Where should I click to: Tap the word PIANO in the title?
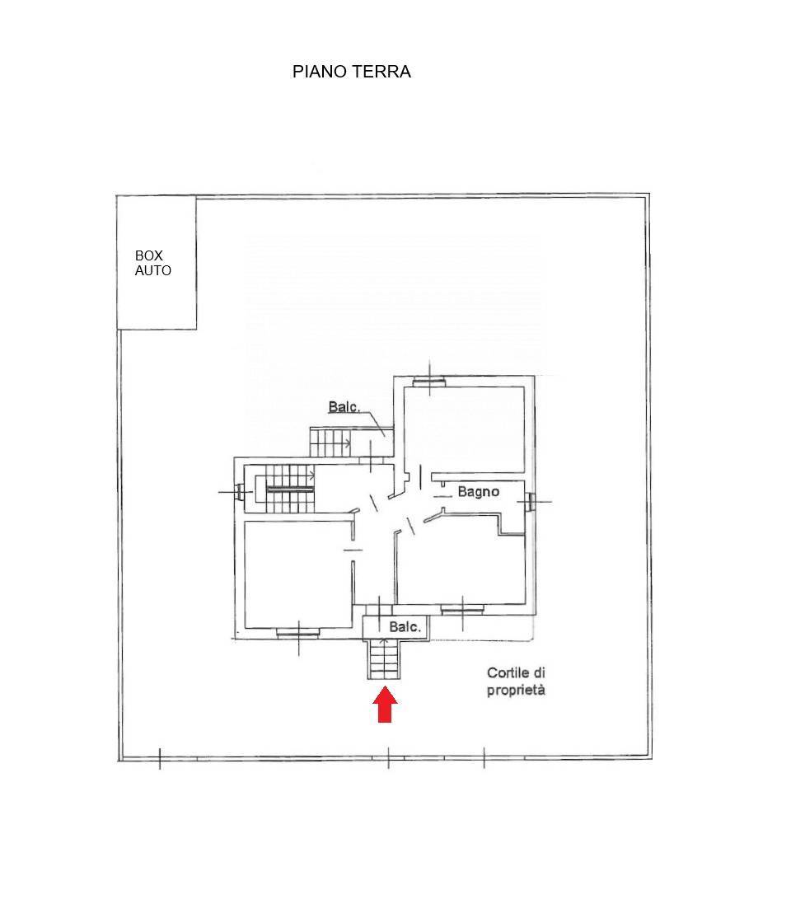pyautogui.click(x=321, y=72)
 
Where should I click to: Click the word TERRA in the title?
pyautogui.click(x=381, y=72)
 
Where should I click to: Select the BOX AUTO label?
pyautogui.click(x=153, y=264)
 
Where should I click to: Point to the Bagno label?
pyautogui.click(x=479, y=492)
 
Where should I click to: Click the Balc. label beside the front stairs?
pyautogui.click(x=405, y=627)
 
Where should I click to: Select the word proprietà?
pyautogui.click(x=516, y=691)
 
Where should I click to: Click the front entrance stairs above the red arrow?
pyautogui.click(x=384, y=659)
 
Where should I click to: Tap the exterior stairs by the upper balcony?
pyautogui.click(x=330, y=442)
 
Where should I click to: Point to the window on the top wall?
pyautogui.click(x=429, y=381)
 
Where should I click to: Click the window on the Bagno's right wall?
pyautogui.click(x=530, y=499)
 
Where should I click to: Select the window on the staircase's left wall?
pyautogui.click(x=239, y=493)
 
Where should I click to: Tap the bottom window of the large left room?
pyautogui.click(x=297, y=633)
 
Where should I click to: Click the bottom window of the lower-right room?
pyautogui.click(x=462, y=610)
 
